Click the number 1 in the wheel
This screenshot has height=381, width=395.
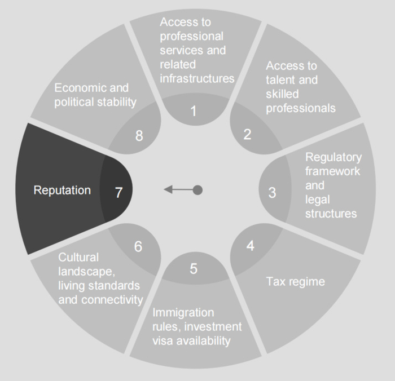194,111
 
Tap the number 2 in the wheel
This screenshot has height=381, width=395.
247,134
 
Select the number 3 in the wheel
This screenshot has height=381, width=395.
272,192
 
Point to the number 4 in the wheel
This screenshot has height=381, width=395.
251,246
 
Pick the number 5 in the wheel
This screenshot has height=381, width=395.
194,268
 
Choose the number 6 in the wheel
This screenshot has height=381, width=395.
138,246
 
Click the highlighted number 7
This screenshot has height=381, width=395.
118,192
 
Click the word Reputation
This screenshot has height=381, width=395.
62,190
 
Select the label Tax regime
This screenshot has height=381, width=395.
295,281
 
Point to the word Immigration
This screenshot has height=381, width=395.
183,312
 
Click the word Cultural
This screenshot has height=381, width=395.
78,257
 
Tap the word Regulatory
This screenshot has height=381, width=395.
333,157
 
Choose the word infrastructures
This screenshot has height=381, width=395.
197,78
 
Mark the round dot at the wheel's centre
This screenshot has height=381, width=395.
197,190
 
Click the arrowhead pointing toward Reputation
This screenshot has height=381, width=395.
168,190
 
